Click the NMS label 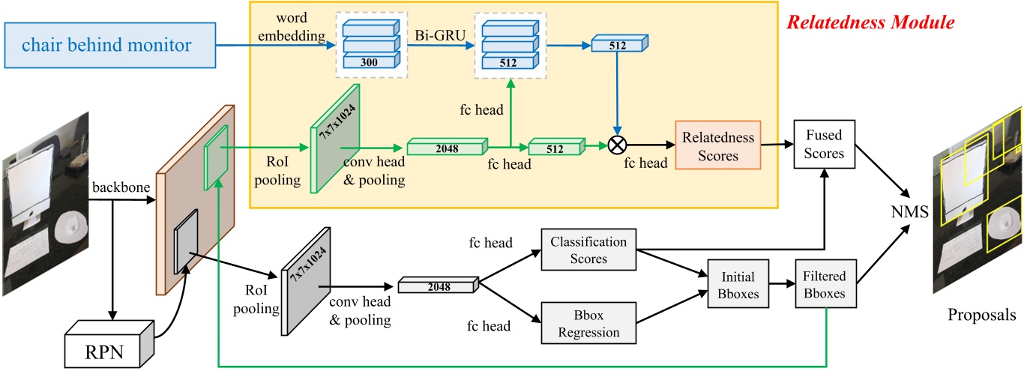(x=912, y=213)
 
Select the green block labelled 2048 (x=447, y=146)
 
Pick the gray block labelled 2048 (x=438, y=285)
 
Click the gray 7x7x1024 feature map (x=306, y=279)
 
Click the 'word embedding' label (x=295, y=26)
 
